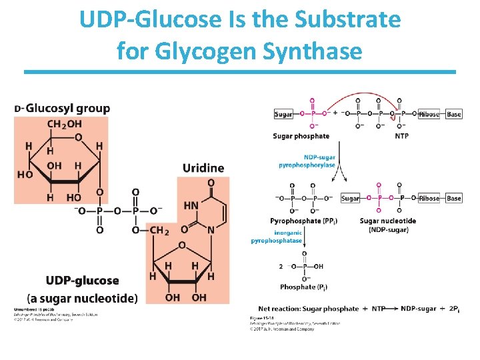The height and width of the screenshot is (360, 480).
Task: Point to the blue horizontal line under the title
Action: pos(240,71)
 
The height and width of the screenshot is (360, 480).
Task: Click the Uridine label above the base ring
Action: pos(203,167)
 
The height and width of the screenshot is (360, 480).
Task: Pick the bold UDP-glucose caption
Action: pos(82,281)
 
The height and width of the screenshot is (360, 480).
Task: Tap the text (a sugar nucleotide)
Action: pos(82,298)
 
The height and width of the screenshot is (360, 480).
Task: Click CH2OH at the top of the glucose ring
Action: pos(65,124)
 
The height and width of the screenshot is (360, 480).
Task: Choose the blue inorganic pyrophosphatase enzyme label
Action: pos(276,237)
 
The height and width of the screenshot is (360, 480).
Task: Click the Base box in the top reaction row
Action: pos(453,114)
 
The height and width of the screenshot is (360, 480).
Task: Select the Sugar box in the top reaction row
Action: pos(283,114)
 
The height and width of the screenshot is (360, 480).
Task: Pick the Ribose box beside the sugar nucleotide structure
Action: pos(429,198)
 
